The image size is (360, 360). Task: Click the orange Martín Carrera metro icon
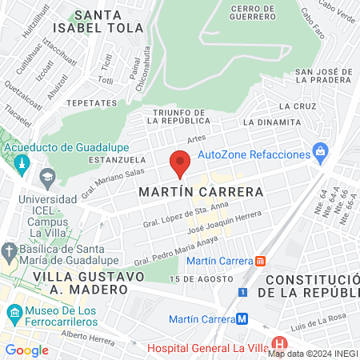coord(260,261)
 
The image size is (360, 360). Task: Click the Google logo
coord(27,350)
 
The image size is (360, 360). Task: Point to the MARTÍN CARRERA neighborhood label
coord(201,193)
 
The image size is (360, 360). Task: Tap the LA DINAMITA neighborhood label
coord(270,122)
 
